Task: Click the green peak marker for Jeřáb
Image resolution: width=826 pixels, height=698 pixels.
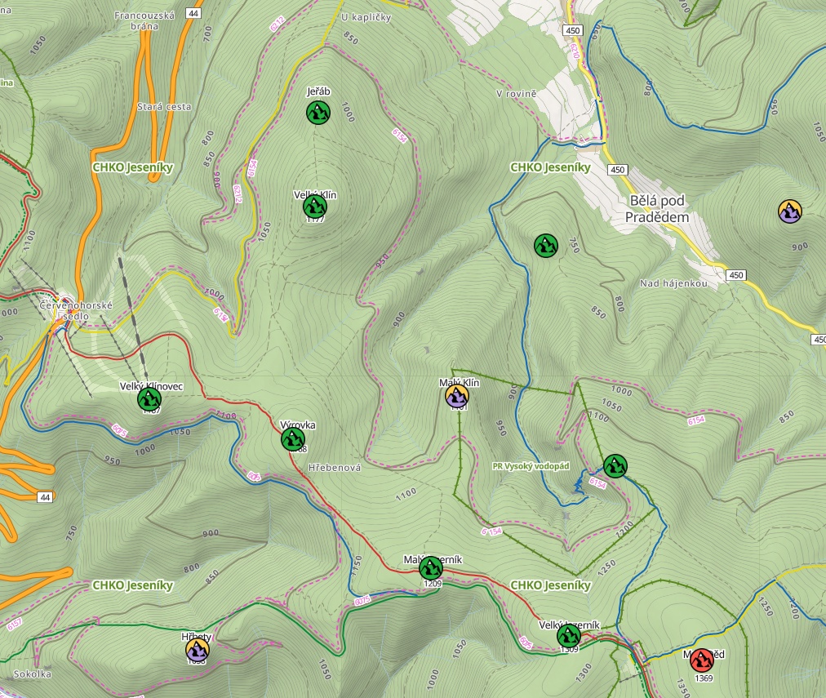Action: click(318, 113)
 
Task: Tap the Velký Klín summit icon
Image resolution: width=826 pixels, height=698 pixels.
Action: click(314, 207)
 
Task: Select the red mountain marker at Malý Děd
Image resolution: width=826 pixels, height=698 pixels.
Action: click(701, 660)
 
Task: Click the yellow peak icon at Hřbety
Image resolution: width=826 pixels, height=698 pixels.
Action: click(197, 650)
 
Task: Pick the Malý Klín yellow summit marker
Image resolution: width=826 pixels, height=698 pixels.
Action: click(457, 396)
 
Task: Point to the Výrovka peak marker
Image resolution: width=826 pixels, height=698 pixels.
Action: click(293, 439)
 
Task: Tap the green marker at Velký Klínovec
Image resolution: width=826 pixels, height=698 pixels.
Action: click(149, 399)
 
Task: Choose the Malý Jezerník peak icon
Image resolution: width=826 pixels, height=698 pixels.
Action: click(431, 567)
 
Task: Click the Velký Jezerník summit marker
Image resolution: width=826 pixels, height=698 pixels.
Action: click(568, 636)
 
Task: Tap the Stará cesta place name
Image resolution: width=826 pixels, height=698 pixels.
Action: click(164, 106)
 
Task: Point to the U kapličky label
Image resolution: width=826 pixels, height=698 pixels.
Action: click(366, 17)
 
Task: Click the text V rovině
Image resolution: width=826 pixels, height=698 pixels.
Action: click(516, 94)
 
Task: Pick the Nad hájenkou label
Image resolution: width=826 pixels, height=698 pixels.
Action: click(673, 283)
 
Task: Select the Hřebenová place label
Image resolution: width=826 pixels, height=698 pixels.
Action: click(335, 469)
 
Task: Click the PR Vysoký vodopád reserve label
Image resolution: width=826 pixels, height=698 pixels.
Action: click(531, 466)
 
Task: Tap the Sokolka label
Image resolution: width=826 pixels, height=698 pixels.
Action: click(32, 674)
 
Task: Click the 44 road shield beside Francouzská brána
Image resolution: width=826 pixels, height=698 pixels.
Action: click(193, 13)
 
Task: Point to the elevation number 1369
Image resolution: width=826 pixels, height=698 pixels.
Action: click(703, 678)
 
